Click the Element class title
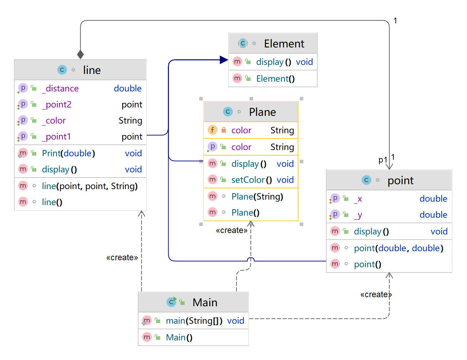[x=284, y=44]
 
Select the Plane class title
[x=262, y=112]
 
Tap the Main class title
[x=205, y=302]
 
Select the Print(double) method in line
[x=68, y=153]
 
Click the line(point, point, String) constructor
[x=90, y=186]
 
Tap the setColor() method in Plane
[x=251, y=180]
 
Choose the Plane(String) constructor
[x=257, y=197]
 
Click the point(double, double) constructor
[x=398, y=248]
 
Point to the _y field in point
[x=358, y=215]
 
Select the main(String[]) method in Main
[x=194, y=321]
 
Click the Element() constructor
[x=275, y=79]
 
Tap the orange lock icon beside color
[x=224, y=130]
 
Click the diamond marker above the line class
[x=81, y=54]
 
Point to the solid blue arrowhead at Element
[x=224, y=60]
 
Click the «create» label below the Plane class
[x=231, y=231]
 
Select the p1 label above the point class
[x=383, y=160]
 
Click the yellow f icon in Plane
[x=212, y=130]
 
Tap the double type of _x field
[x=433, y=199]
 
